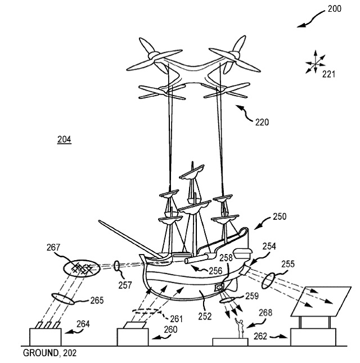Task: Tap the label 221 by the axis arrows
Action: pyautogui.click(x=328, y=73)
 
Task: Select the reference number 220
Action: pyautogui.click(x=262, y=122)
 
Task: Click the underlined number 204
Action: pyautogui.click(x=64, y=139)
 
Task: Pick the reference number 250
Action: pyautogui.click(x=280, y=216)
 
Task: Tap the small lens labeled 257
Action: pyautogui.click(x=116, y=265)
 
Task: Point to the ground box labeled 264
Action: pyautogui.click(x=44, y=337)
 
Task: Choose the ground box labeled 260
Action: pyautogui.click(x=133, y=337)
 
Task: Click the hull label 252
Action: pyautogui.click(x=205, y=316)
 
